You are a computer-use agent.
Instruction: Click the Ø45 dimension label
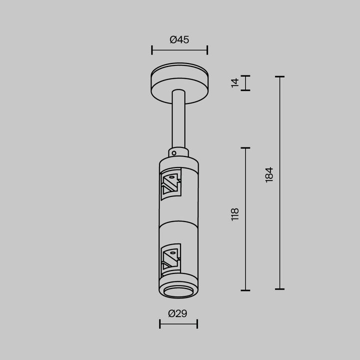(179, 40)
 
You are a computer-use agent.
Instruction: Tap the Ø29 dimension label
(178, 313)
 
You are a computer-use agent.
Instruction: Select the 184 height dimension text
(269, 174)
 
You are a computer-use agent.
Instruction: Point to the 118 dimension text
(235, 214)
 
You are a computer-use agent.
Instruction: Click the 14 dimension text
(235, 83)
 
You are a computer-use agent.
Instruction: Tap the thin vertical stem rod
(178, 120)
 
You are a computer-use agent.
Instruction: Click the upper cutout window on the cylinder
(171, 183)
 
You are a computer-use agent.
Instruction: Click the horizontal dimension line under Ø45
(179, 49)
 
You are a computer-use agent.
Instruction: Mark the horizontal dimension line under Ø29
(178, 324)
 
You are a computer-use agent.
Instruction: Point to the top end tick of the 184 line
(279, 77)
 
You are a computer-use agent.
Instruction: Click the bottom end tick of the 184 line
(279, 289)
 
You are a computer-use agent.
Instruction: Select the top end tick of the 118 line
(245, 148)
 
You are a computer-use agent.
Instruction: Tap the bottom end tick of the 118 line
(245, 290)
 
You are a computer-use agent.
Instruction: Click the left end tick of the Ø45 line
(151, 49)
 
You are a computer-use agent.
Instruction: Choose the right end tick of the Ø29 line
(197, 324)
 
